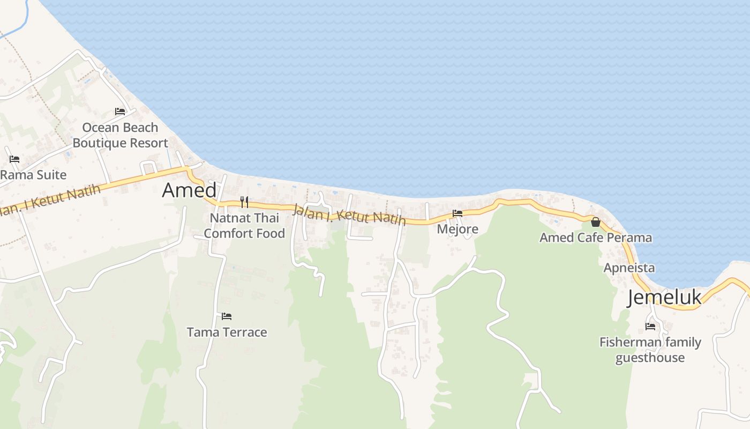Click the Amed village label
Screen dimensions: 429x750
(x=189, y=190)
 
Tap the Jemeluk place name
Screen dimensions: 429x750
(x=664, y=298)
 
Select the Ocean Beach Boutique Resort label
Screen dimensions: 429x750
(x=120, y=135)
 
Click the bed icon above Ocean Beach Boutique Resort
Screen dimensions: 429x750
(x=120, y=112)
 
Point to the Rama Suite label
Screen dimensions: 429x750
(x=33, y=175)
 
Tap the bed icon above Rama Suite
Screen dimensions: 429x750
(x=14, y=159)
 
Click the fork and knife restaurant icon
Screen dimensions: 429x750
(x=244, y=202)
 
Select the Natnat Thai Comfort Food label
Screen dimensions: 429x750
(x=244, y=226)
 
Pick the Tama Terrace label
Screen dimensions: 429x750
(x=227, y=332)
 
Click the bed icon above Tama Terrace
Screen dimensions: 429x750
(x=227, y=316)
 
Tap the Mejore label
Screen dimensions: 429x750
(x=457, y=230)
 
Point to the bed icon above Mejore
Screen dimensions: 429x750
(x=457, y=213)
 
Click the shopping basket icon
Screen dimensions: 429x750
(x=595, y=222)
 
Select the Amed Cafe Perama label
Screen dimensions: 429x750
(x=595, y=238)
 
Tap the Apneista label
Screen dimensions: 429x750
(x=629, y=268)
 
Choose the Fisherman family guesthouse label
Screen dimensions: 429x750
(x=650, y=350)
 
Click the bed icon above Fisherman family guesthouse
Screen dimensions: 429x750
(x=650, y=326)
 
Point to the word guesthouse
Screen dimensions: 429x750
(x=650, y=358)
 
